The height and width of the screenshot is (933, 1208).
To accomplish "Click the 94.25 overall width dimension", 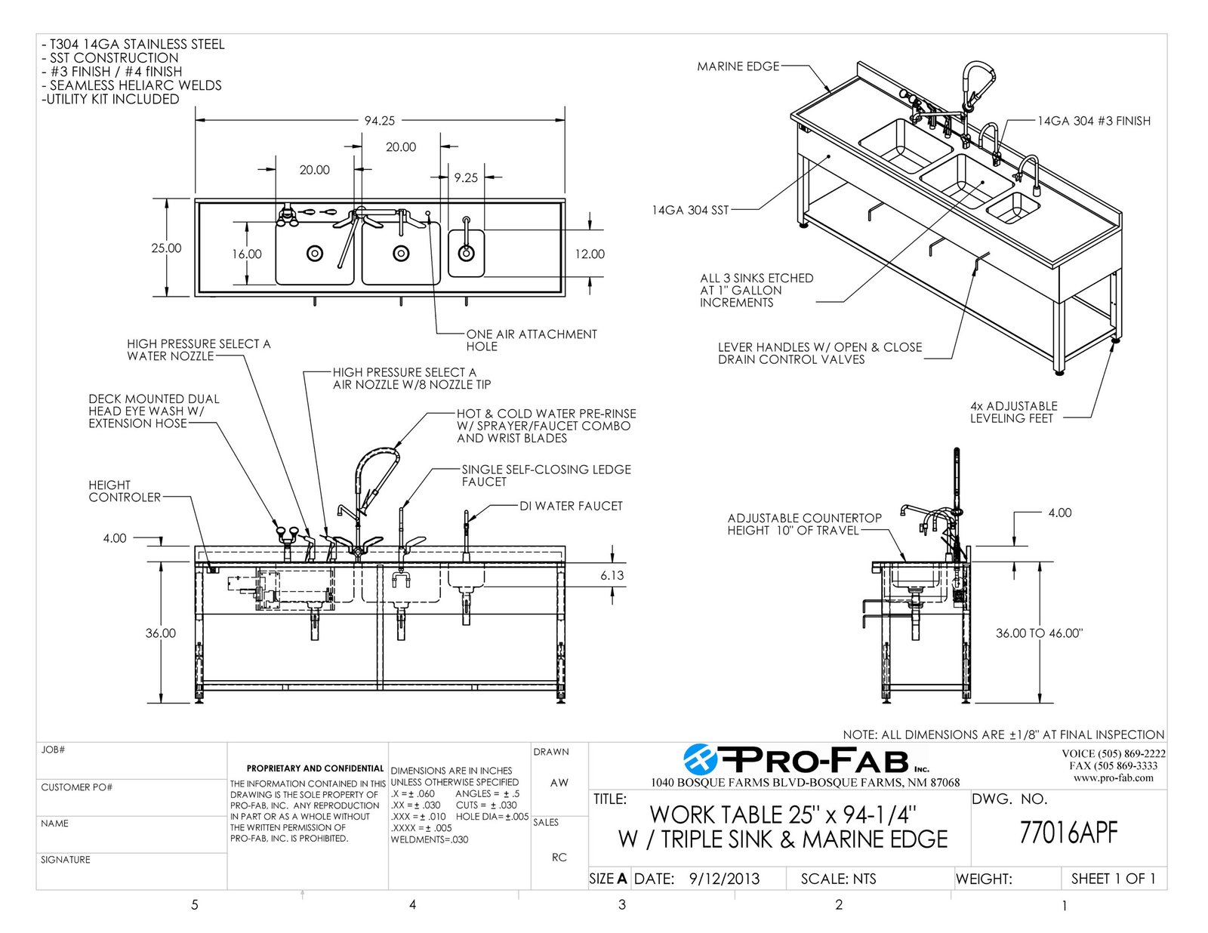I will tap(379, 120).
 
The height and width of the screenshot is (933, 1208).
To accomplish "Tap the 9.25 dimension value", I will tap(466, 178).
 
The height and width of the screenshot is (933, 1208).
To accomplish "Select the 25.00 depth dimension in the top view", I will tap(166, 248).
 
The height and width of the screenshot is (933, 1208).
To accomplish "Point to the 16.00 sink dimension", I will tap(247, 254).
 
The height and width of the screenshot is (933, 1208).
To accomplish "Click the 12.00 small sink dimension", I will tap(590, 254).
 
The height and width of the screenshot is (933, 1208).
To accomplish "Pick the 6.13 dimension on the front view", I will tap(612, 575).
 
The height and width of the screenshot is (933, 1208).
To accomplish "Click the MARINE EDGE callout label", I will tap(738, 66).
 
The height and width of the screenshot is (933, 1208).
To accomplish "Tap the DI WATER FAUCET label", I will tap(571, 506).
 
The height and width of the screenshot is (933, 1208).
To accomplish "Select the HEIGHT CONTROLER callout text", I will tap(125, 491).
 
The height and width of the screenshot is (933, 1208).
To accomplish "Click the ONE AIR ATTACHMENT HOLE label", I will tap(531, 340).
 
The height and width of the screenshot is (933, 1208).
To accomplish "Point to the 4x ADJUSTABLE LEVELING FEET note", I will tap(1013, 411).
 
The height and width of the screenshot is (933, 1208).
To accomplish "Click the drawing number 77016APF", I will tap(1068, 833).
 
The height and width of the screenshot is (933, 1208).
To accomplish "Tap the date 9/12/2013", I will tap(724, 879).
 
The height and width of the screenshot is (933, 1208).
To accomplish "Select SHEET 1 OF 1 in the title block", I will tap(1113, 879).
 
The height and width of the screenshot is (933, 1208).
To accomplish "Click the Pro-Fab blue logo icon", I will tap(701, 759).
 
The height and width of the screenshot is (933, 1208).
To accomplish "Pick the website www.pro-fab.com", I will tap(1113, 777).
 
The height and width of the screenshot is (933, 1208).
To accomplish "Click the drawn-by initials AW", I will tap(559, 783).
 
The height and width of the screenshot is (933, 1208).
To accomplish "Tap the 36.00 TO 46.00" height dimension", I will tap(1039, 633).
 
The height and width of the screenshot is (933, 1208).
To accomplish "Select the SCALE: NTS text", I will tap(838, 879).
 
